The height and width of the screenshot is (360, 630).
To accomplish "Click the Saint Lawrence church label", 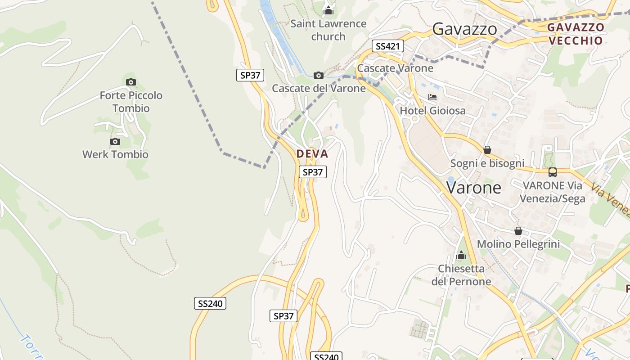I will (x=328, y=30).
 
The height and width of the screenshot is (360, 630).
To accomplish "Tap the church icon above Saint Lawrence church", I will (x=328, y=10).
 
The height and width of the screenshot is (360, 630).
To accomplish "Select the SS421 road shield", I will (x=387, y=46).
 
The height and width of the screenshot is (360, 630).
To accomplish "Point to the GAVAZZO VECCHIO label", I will (x=576, y=34).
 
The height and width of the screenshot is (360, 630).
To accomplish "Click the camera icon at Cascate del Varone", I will (x=318, y=75).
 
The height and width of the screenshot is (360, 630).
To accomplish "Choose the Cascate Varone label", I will (x=395, y=68).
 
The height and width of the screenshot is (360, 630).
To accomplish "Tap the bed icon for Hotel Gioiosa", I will (x=432, y=97).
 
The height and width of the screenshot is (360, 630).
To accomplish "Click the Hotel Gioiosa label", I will (x=432, y=111).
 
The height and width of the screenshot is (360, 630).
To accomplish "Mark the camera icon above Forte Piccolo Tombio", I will (x=131, y=82).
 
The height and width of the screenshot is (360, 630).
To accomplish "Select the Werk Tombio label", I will (x=115, y=154).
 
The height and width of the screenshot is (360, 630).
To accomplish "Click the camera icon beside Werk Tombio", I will (x=115, y=142).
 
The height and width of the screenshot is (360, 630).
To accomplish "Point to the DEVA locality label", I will (x=312, y=154).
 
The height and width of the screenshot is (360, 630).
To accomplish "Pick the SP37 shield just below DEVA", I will (x=313, y=172).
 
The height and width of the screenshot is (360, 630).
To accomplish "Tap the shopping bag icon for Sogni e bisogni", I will (x=487, y=150).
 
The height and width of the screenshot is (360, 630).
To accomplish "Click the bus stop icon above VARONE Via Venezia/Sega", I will (x=552, y=172).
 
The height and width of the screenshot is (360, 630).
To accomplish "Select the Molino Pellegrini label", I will (x=518, y=244).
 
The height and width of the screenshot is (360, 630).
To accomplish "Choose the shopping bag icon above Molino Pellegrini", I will (x=518, y=231).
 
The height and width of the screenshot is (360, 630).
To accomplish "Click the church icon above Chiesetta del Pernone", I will (x=461, y=256).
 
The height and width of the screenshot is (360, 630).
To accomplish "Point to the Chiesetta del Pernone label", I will (x=461, y=275).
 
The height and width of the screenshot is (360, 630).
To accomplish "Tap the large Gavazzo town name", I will (x=464, y=29).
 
